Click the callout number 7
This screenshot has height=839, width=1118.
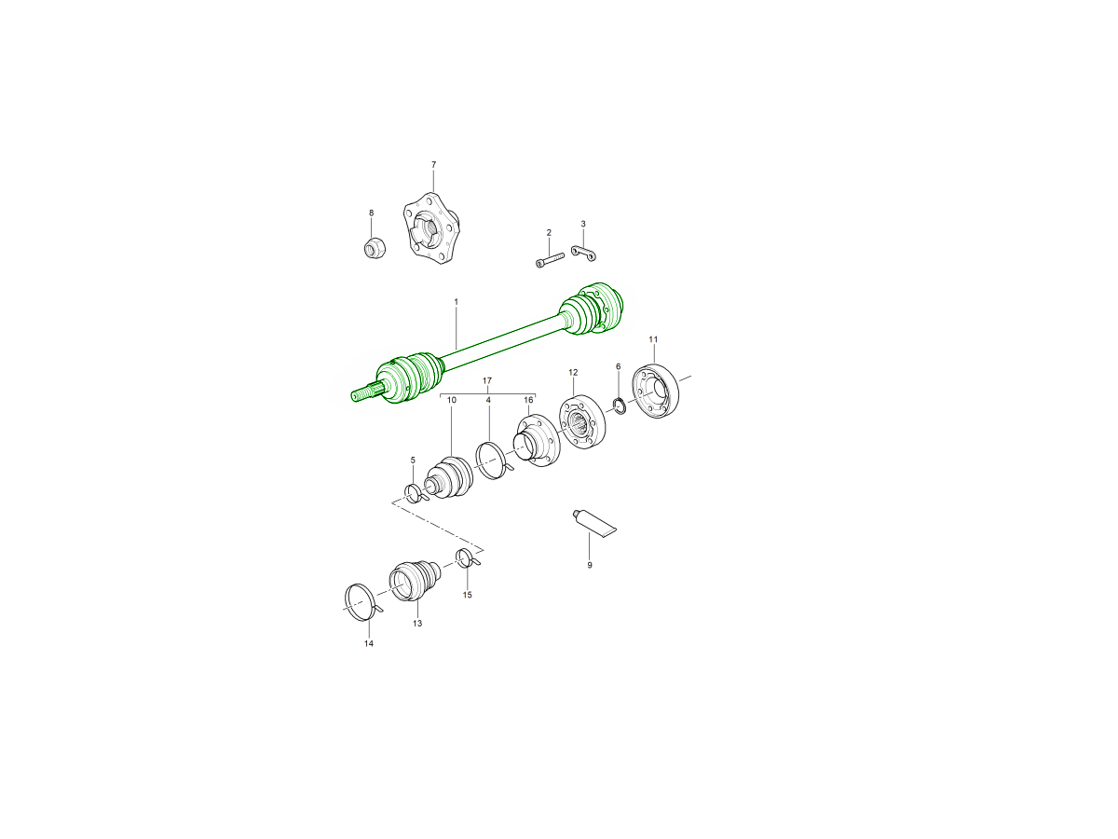point(433,165)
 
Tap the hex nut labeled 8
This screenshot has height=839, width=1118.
point(375,248)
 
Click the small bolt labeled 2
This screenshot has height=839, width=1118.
point(550,259)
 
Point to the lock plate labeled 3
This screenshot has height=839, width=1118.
point(584,253)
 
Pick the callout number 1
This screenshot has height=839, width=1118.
point(456,301)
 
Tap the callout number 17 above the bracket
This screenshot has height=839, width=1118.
point(487,380)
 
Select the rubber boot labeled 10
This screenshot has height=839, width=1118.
point(449,477)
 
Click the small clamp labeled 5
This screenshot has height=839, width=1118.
point(416,493)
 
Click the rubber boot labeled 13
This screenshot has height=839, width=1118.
point(415,581)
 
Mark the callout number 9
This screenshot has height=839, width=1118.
point(590,565)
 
